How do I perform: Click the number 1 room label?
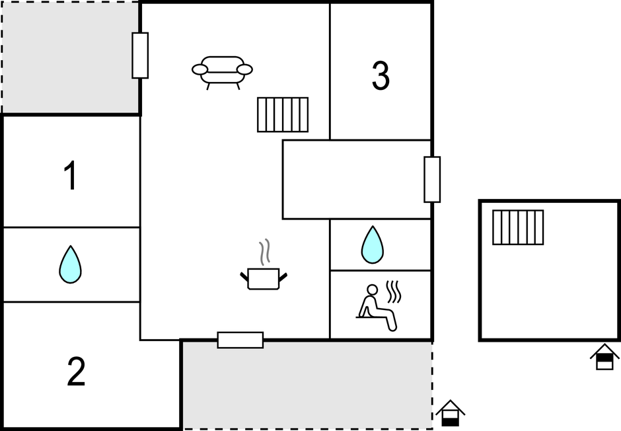point(71,175)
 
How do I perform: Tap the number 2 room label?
point(76,372)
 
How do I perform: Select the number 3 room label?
point(381,75)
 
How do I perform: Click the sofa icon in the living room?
point(222,73)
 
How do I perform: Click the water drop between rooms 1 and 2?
point(71,264)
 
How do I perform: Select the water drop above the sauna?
point(373,245)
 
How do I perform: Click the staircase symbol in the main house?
point(283,114)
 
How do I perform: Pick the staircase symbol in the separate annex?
point(518,227)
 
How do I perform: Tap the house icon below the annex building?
point(604,356)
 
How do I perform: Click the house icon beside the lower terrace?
point(450,413)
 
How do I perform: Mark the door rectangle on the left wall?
point(140,56)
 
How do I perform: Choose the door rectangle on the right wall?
point(432,179)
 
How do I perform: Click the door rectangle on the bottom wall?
point(240,340)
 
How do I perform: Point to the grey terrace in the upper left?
point(71,58)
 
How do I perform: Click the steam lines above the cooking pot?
point(264,252)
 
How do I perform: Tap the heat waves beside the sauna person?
point(394,292)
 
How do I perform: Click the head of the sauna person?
point(373,290)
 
